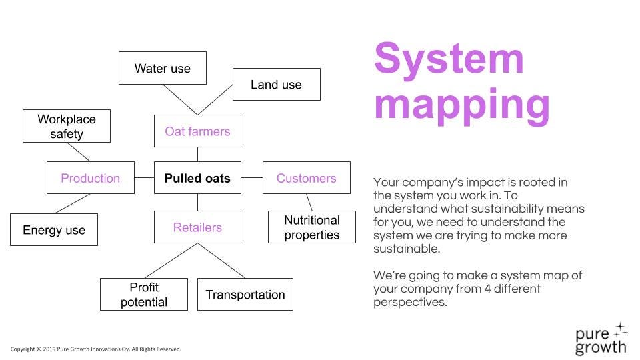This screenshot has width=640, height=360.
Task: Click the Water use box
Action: point(163,68)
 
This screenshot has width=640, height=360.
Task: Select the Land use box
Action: point(276,85)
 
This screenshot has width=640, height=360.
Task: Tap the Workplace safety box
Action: point(67,126)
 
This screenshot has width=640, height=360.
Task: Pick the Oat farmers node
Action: point(197,131)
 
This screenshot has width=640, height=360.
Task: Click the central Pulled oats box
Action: point(197,177)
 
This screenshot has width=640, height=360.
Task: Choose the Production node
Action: point(91,177)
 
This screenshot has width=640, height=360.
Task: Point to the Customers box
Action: point(307,177)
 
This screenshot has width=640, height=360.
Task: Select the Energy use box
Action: point(54,230)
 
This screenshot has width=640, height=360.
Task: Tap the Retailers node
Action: point(197,227)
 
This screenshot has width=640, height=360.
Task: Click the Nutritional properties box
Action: point(312,227)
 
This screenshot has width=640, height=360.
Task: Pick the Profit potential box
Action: point(144,294)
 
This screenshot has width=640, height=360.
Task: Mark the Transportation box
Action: point(245,294)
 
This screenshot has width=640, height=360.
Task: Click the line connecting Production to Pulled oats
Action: point(145,177)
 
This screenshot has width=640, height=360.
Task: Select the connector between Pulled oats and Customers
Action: point(252,177)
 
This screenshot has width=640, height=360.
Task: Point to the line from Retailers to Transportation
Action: point(221,261)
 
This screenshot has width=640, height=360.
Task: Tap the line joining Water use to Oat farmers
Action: point(180,99)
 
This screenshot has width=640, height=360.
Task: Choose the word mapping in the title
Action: point(462,105)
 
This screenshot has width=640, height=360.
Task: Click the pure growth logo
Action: point(601,339)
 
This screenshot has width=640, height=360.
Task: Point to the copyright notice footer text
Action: point(95,349)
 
